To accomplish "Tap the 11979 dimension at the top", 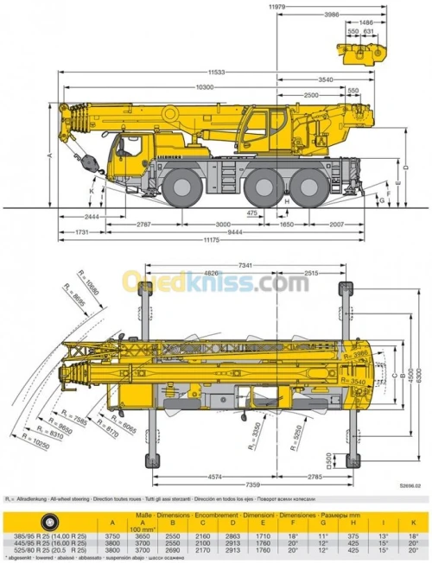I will [276, 7].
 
